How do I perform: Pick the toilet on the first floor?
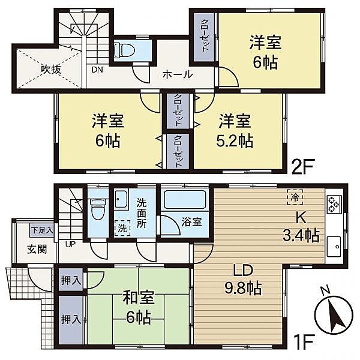click(97, 209)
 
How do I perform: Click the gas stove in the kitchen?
click(333, 205)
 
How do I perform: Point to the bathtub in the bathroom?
click(184, 199)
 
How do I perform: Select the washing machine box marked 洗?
click(121, 228)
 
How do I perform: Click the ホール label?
click(178, 75)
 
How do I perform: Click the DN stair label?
click(97, 70)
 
